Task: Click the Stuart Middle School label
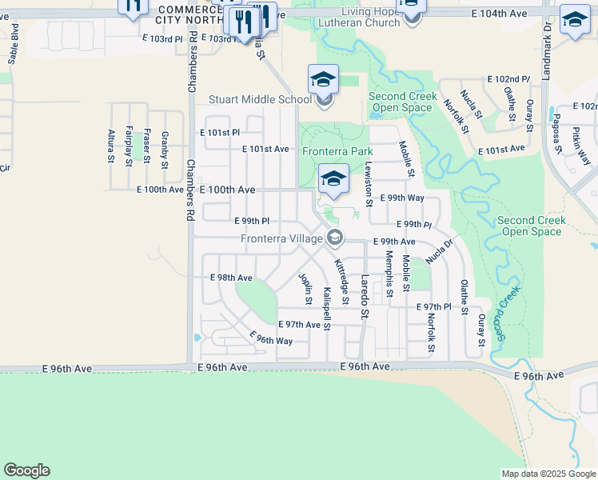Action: [x=260, y=100]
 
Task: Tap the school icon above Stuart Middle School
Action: [x=323, y=79]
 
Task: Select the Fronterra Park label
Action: [x=337, y=151]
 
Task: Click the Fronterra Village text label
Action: [x=282, y=238]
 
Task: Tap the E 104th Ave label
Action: [x=500, y=14]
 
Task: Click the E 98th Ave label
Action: [x=231, y=278]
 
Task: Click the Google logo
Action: [x=26, y=470]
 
